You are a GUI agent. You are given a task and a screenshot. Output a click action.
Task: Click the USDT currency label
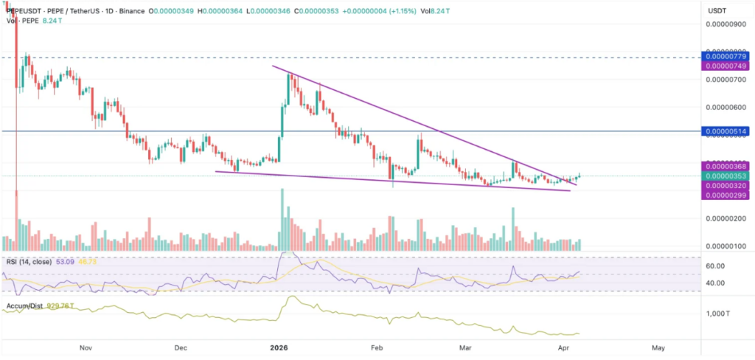coord(717,11)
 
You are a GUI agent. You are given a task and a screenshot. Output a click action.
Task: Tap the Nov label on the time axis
coord(85,347)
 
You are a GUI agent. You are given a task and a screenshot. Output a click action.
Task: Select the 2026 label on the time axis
coord(279,347)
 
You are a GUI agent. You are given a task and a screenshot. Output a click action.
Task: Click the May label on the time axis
coord(658,347)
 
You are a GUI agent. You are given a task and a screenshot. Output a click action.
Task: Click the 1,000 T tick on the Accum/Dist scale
coord(720,314)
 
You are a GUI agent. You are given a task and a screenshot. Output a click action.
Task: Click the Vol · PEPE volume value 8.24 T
coord(51,21)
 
